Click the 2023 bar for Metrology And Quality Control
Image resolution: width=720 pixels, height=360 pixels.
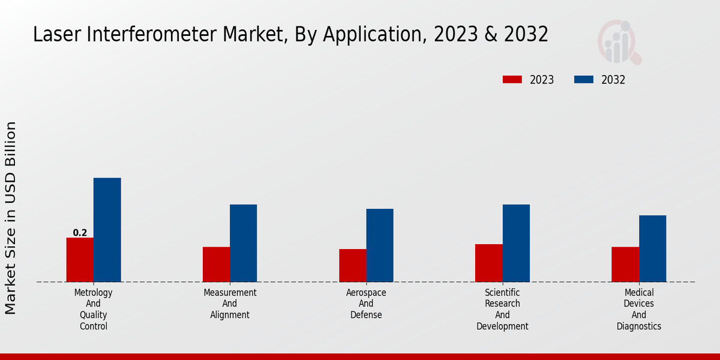point(80,260)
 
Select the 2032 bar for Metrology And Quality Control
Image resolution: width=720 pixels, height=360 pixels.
point(107,230)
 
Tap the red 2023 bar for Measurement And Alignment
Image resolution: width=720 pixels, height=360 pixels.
point(216,265)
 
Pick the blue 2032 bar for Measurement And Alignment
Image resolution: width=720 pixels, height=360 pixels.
point(243,243)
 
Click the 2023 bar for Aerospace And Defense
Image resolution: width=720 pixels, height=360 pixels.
point(352,265)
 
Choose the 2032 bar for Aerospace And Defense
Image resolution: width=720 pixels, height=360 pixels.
point(380,245)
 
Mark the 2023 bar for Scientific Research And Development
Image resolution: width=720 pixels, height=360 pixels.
point(488,263)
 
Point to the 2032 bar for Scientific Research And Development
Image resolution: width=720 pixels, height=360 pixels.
point(516,243)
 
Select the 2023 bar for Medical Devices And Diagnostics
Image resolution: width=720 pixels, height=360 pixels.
point(625,265)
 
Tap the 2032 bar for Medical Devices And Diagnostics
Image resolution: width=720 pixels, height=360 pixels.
point(652,248)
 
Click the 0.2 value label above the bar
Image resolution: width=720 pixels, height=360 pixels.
point(80,233)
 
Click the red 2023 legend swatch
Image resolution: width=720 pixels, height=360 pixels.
point(512,80)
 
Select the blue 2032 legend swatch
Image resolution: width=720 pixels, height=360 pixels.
point(584,80)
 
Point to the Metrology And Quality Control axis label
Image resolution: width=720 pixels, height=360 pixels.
point(93,310)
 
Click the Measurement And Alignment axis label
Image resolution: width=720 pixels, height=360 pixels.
point(230,304)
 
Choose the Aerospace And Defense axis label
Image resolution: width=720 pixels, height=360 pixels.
point(366,304)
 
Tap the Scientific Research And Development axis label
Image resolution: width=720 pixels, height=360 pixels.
point(502,310)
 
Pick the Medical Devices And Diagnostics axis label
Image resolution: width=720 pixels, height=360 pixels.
point(639,310)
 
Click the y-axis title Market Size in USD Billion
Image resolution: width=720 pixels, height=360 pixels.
point(11,218)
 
